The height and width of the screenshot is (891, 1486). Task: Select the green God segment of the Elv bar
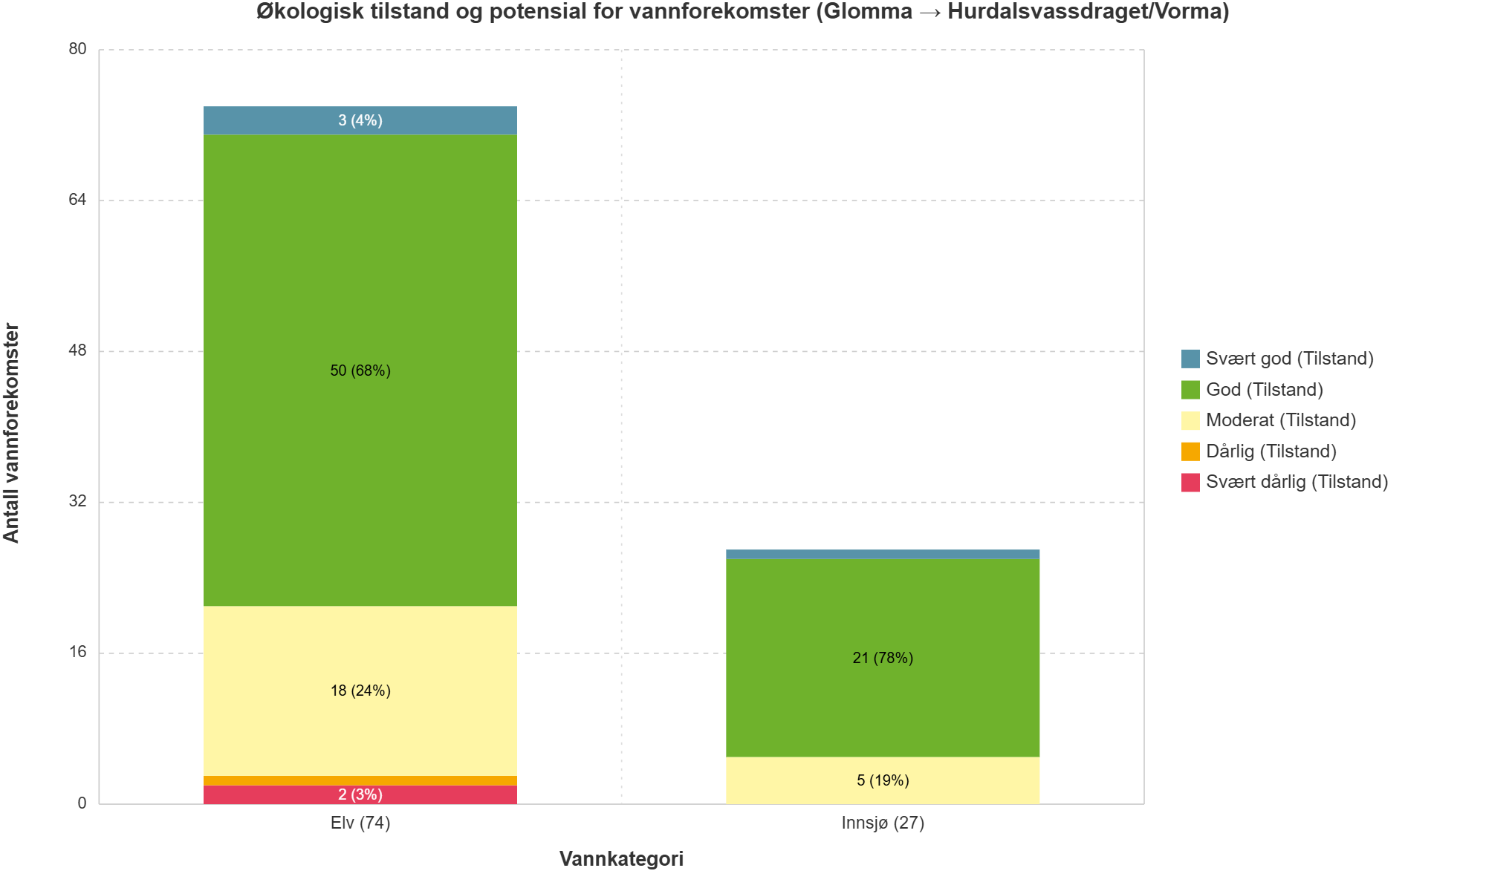360,297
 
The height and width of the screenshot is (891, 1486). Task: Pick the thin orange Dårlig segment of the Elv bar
360,780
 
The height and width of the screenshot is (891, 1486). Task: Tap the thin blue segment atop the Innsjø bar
883,554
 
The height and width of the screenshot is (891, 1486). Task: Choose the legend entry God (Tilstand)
1264,390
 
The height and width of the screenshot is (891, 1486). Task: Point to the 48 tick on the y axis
77,350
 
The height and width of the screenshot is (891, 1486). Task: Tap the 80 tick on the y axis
77,49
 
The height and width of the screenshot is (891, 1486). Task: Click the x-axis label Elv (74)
360,823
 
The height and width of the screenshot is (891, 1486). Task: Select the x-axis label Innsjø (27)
883,823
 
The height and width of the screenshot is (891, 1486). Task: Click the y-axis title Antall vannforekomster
12,432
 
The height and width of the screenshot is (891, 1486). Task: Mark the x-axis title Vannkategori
621,859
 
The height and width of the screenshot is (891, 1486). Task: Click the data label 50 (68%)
360,371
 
